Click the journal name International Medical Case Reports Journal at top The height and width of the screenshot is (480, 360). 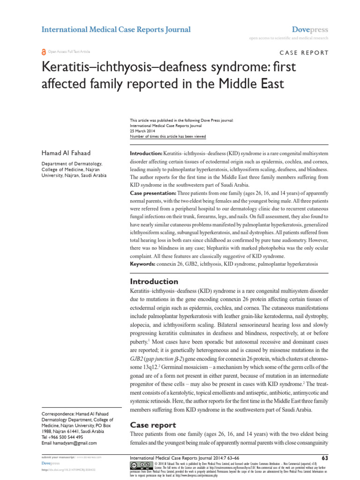coord(116,30)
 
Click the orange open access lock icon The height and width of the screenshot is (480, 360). coord(44,52)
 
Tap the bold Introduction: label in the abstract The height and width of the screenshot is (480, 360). coord(146,154)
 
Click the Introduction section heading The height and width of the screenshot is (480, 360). coord(153,281)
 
